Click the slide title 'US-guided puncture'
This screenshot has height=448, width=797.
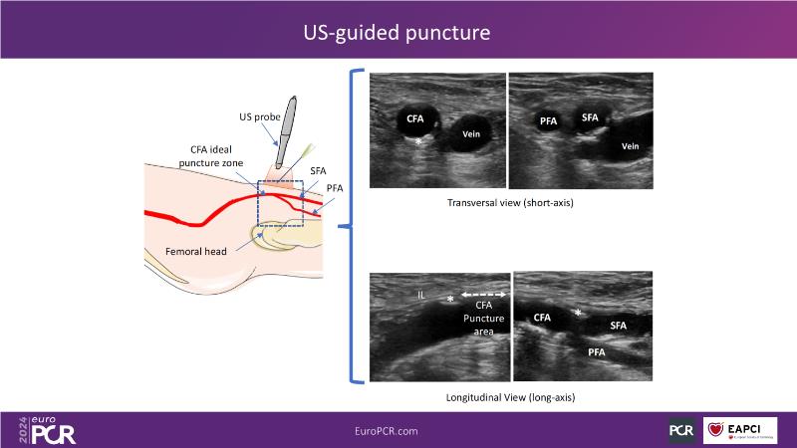click(398, 33)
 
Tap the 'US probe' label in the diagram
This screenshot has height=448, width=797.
click(260, 116)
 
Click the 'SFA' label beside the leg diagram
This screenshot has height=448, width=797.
click(319, 171)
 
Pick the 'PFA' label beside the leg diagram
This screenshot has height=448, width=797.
click(335, 187)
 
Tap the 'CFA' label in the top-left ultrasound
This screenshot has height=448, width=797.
click(414, 118)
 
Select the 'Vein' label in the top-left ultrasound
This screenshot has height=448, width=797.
click(471, 133)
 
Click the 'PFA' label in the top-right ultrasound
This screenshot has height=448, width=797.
click(549, 121)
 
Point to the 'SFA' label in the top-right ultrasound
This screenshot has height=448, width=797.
click(590, 117)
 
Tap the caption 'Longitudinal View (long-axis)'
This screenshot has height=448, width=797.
click(511, 397)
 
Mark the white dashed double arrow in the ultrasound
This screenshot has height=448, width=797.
click(485, 296)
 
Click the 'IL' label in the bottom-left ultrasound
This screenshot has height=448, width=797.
click(422, 295)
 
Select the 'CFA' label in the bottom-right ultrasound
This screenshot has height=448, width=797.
click(542, 318)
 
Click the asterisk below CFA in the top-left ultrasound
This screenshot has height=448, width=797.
click(419, 142)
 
